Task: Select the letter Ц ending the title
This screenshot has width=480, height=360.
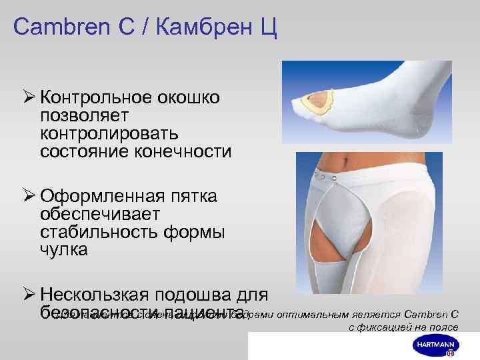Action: point(269,29)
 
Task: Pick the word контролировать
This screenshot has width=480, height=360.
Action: point(109,133)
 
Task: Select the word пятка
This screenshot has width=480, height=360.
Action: point(196,197)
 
